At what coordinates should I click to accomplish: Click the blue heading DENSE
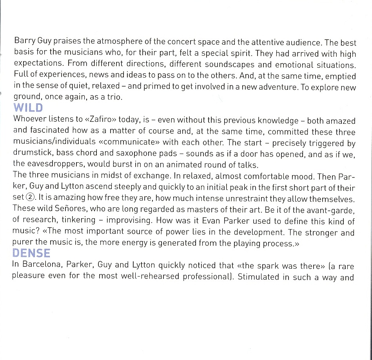click(31, 254)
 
